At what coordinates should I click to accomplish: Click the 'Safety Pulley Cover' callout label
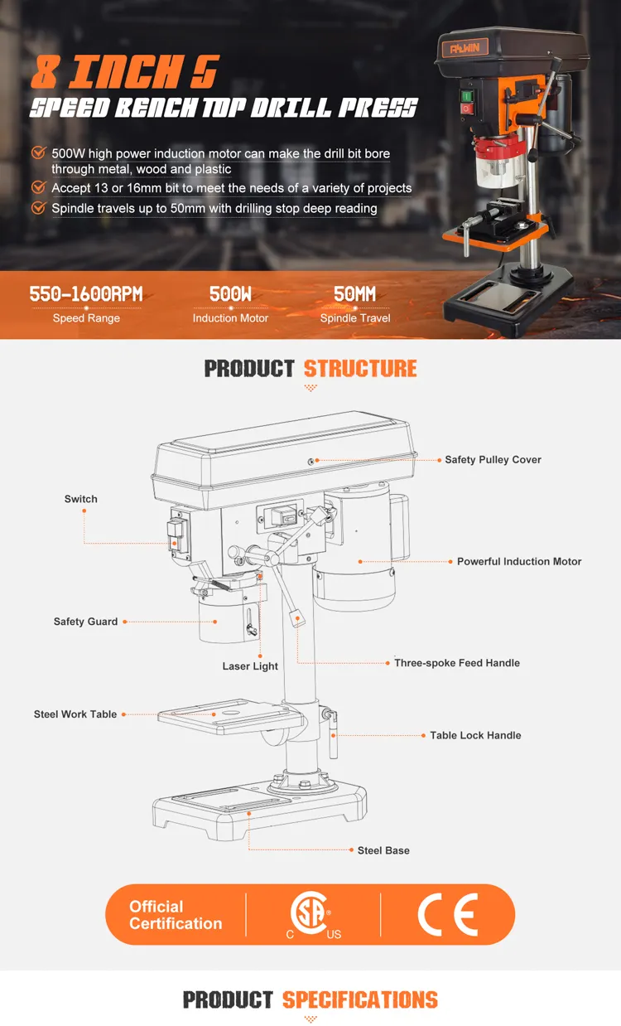point(493,460)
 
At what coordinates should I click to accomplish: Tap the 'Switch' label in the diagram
point(81,499)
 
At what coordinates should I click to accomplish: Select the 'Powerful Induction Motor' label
point(519,562)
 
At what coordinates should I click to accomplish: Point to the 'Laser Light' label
point(250,666)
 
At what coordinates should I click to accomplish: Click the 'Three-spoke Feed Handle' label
point(457,663)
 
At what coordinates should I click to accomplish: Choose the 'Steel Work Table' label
point(75,714)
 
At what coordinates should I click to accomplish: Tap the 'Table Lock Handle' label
point(475,735)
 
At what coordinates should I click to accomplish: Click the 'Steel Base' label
point(383,850)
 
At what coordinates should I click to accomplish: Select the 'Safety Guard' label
point(85,622)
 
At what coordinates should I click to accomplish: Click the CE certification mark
point(447,915)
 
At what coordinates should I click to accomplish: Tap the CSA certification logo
point(312,915)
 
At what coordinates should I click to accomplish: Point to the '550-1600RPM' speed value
point(86,294)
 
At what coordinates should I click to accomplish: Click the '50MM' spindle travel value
point(355,294)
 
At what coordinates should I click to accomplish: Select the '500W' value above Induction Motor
point(230,294)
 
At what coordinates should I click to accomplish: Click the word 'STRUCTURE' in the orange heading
point(360,369)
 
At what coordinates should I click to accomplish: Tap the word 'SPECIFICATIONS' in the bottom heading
point(359,999)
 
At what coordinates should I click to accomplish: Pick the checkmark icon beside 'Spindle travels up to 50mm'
point(38,208)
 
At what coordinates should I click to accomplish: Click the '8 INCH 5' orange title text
point(124,73)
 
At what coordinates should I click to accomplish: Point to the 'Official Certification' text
point(176,915)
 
